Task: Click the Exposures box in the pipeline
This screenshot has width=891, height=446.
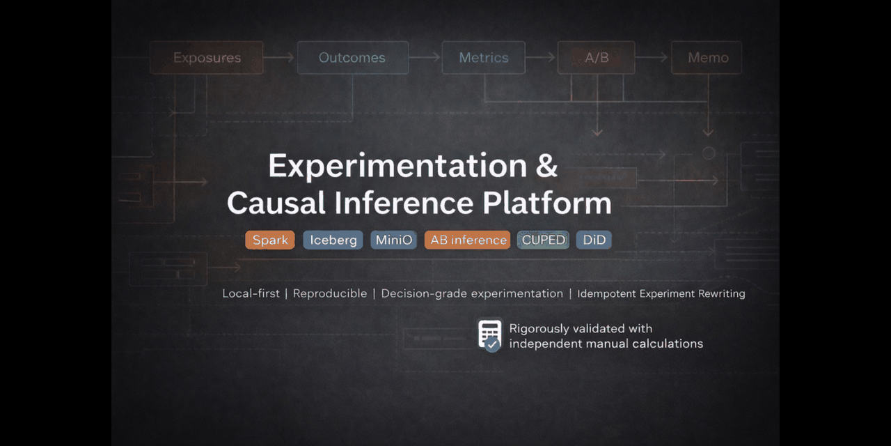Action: (x=207, y=58)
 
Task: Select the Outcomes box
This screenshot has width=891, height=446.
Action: (x=352, y=58)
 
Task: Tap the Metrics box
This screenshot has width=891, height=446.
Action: (x=484, y=58)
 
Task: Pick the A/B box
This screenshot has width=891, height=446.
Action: (x=596, y=58)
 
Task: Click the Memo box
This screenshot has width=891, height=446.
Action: (x=707, y=58)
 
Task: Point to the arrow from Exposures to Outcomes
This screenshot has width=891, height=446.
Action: (x=280, y=58)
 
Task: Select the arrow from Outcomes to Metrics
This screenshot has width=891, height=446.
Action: (x=425, y=58)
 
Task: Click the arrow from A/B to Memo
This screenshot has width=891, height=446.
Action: (x=652, y=58)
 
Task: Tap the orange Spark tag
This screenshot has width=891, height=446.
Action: (x=270, y=240)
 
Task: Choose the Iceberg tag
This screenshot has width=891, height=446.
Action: (x=333, y=240)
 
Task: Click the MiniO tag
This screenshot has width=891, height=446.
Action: (x=394, y=240)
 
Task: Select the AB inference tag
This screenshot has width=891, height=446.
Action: (x=468, y=240)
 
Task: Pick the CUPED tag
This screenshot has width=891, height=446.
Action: (x=543, y=240)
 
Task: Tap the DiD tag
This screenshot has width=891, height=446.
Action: (x=594, y=240)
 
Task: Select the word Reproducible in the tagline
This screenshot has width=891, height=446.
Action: (x=330, y=293)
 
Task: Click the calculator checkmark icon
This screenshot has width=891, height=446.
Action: (x=490, y=335)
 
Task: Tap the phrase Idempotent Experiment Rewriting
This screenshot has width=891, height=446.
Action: (x=661, y=293)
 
